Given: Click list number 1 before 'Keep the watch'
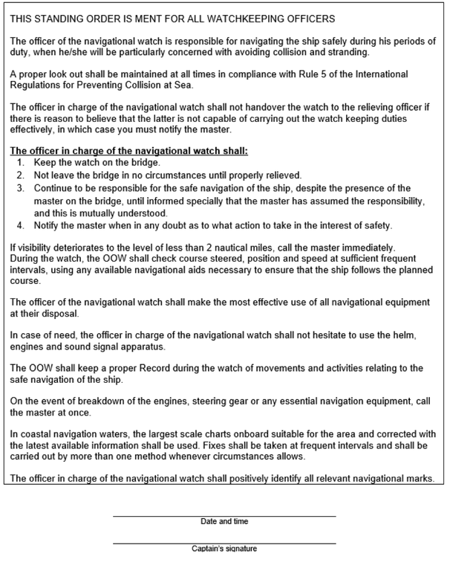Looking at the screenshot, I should [x=20, y=161].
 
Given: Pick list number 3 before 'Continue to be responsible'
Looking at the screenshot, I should [x=20, y=188].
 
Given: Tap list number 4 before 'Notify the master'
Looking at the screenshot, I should [x=20, y=225].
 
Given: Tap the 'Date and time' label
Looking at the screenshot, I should [x=224, y=521].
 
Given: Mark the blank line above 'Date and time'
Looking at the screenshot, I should [x=224, y=515].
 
